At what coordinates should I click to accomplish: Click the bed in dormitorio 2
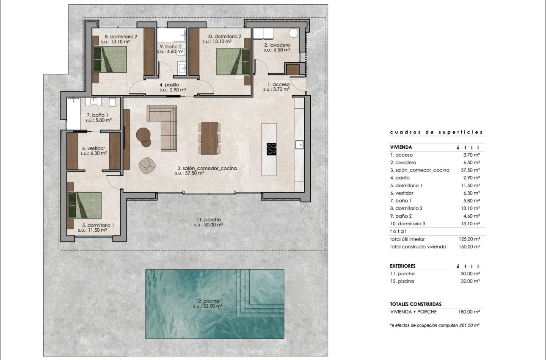coord(110,59)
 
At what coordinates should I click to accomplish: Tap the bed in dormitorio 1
coord(85,205)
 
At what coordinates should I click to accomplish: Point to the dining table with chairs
coord(210,138)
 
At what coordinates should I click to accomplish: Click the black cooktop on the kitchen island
coord(272,149)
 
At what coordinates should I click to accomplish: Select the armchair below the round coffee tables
coord(147,165)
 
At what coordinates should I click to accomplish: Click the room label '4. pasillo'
coord(169,85)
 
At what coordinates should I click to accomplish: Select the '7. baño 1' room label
coord(95,115)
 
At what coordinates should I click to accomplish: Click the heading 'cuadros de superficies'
coord(436,132)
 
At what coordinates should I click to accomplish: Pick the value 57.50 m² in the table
coord(471,170)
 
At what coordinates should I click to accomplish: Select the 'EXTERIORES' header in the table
coord(403,266)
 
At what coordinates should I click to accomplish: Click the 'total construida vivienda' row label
coord(418,246)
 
